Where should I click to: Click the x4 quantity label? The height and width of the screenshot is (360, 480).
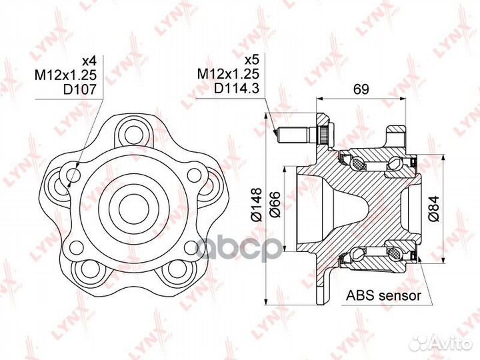89,61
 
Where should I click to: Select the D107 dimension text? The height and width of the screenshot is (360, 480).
79,89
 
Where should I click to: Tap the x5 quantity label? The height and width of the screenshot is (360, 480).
252,60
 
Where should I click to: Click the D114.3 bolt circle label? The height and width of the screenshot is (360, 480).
237,88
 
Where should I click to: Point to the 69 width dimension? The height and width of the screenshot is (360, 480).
361,89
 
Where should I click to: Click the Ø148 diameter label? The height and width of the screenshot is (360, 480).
257,204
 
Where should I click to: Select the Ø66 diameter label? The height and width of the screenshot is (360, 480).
275,204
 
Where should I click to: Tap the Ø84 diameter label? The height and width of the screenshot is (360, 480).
434,209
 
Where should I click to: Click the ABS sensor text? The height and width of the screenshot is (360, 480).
383,296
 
